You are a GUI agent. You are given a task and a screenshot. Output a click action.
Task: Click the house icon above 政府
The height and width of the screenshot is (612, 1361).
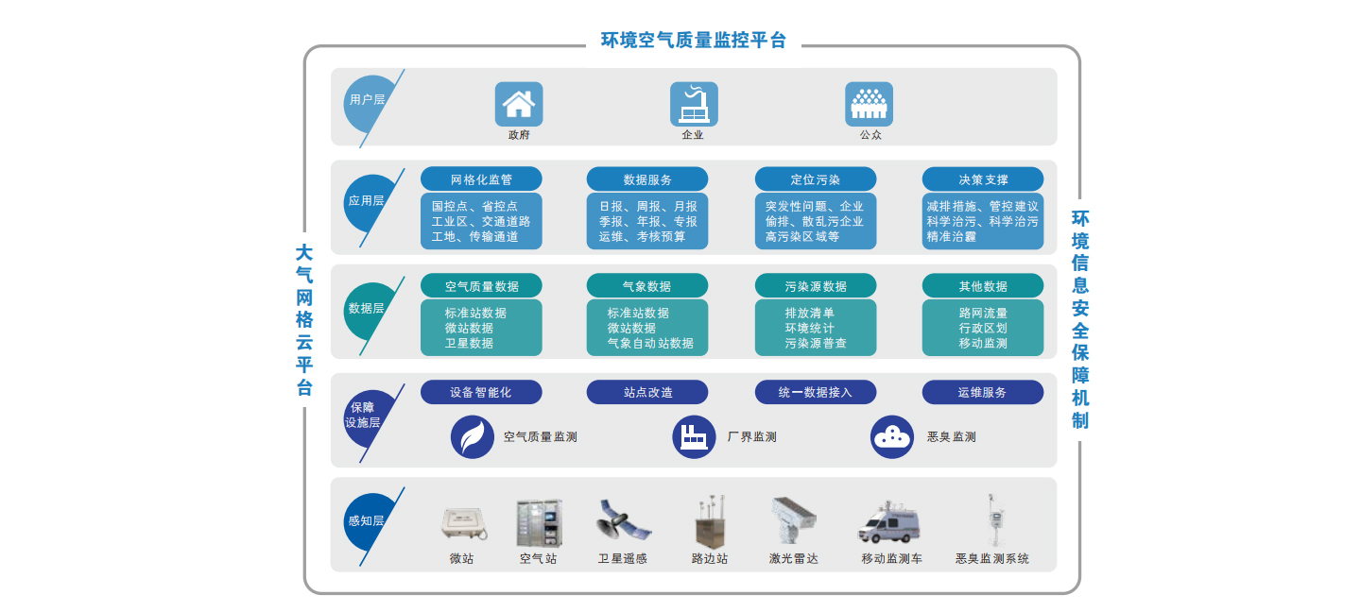[x=518, y=104]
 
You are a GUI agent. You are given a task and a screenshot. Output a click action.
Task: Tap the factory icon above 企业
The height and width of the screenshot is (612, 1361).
[x=694, y=104]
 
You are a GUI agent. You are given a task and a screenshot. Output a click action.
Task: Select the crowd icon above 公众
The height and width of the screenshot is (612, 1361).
[x=869, y=104]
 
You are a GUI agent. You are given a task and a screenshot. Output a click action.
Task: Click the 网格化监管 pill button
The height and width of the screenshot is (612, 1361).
[x=481, y=179]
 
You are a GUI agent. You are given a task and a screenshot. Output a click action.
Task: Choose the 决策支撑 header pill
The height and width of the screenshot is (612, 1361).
[x=983, y=179]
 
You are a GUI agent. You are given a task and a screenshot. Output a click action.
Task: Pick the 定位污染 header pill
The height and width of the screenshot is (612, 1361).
[x=815, y=179]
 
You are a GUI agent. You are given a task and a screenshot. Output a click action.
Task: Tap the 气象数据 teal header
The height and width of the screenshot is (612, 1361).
[x=646, y=286]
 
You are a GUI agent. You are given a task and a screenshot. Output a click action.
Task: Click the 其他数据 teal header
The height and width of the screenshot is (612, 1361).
[x=983, y=286]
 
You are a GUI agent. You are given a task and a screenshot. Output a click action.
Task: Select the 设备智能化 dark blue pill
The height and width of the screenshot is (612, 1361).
[x=481, y=392]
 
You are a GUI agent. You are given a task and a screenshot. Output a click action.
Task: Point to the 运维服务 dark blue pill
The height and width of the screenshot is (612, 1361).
[x=983, y=392]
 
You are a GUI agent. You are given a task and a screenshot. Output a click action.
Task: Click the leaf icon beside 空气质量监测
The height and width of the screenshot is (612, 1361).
[x=472, y=437]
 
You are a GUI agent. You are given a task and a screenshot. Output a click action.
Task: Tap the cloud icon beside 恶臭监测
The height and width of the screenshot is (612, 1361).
[x=891, y=437]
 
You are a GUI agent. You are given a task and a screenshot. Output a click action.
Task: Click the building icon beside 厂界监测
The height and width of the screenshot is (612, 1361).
[x=694, y=437]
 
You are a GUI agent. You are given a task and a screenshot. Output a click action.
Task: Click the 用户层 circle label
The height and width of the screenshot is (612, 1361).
[x=368, y=99]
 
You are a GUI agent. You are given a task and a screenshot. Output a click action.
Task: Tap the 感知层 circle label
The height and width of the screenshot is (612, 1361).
[x=367, y=520]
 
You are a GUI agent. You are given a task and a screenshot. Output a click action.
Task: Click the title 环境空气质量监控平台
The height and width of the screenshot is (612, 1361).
[x=693, y=41]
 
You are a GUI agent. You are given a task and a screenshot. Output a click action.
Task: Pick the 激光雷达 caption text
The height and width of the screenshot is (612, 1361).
[x=793, y=559]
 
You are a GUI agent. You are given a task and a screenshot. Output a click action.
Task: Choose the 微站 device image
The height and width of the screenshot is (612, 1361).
[x=463, y=523]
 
